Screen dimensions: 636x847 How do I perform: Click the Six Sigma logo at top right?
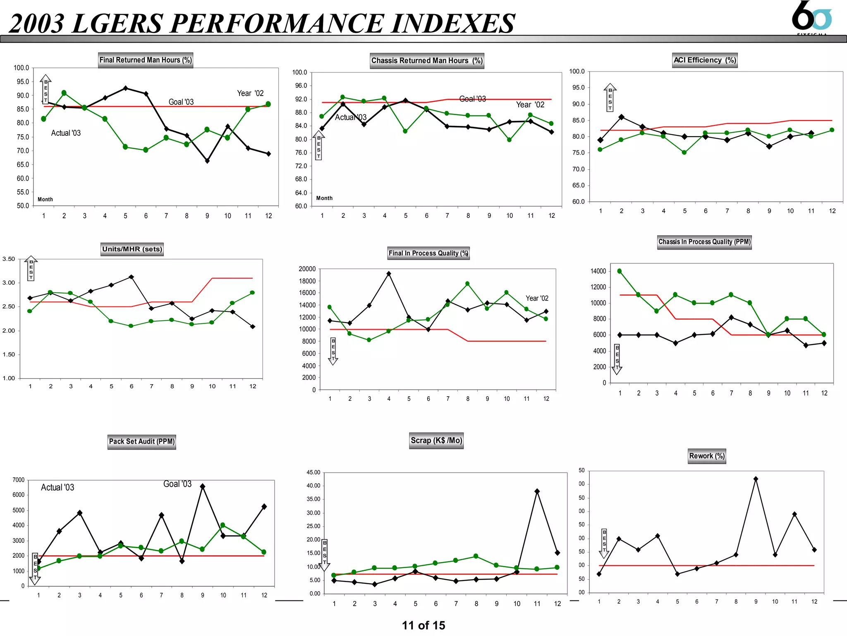[811, 17]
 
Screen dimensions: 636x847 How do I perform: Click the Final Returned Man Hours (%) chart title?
[146, 60]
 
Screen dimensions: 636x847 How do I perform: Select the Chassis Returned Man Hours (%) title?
[427, 60]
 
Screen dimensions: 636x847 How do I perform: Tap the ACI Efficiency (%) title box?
[705, 60]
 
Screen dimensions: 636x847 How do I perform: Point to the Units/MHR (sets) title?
[132, 249]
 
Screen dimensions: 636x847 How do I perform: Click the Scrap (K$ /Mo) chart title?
[436, 441]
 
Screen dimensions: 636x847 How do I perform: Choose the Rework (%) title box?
[707, 456]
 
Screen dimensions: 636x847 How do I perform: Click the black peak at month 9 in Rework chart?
[756, 479]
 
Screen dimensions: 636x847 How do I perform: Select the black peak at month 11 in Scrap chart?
[537, 491]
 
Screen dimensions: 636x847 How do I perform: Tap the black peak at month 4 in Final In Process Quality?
[389, 274]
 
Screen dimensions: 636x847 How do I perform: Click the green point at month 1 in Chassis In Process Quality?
[620, 271]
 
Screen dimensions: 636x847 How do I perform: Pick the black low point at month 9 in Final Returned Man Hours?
[207, 161]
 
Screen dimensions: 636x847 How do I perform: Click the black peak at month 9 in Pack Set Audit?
[202, 487]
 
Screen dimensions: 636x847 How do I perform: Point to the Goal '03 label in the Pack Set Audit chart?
[177, 484]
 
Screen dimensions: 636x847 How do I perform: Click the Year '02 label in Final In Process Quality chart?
[537, 298]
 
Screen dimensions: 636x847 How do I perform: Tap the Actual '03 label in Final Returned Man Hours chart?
[66, 133]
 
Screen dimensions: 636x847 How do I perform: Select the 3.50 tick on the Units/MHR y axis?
[9, 259]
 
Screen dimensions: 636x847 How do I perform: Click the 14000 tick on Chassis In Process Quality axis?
[598, 271]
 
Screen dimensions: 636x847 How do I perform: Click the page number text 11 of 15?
[423, 625]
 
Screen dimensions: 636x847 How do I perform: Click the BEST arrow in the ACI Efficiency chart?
[610, 97]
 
